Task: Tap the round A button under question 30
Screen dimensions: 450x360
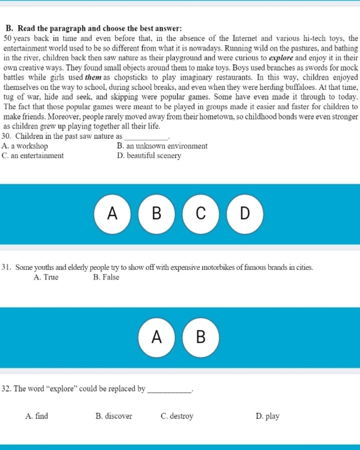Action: point(112,214)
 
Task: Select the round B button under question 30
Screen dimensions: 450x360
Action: point(156,214)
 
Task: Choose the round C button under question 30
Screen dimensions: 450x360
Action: point(201,214)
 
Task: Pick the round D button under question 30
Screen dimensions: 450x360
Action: point(245,214)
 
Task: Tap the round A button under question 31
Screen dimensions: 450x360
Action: point(156,337)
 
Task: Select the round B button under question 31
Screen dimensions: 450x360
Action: point(201,337)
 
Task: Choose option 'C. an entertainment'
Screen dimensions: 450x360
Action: point(33,156)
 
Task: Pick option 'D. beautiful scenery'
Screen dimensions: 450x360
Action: point(149,156)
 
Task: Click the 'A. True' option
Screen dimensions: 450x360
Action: point(46,277)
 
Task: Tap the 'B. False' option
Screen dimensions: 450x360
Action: point(106,277)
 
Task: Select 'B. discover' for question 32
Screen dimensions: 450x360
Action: point(114,416)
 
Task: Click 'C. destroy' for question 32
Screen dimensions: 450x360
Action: point(177,416)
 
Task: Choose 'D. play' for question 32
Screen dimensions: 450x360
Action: point(268,416)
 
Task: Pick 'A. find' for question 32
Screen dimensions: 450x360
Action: point(37,416)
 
